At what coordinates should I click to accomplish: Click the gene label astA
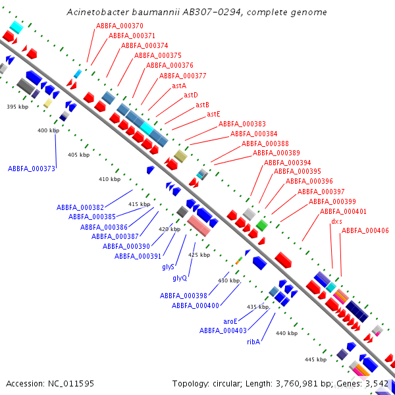[179, 86]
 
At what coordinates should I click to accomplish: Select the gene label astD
[191, 95]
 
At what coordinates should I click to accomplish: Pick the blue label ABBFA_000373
[31, 169]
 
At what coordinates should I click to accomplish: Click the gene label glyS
[168, 267]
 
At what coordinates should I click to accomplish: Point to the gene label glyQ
[180, 278]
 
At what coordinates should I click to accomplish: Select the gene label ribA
[253, 342]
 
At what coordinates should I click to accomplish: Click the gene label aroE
[230, 321]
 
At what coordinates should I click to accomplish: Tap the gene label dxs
[336, 221]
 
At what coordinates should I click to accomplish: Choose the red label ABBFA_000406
[365, 230]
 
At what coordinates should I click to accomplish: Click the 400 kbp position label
[48, 130]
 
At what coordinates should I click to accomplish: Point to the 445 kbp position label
[315, 359]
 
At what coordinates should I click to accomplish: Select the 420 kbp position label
[169, 229]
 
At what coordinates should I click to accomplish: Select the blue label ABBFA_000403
[223, 330]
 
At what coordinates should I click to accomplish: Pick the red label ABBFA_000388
[265, 144]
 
